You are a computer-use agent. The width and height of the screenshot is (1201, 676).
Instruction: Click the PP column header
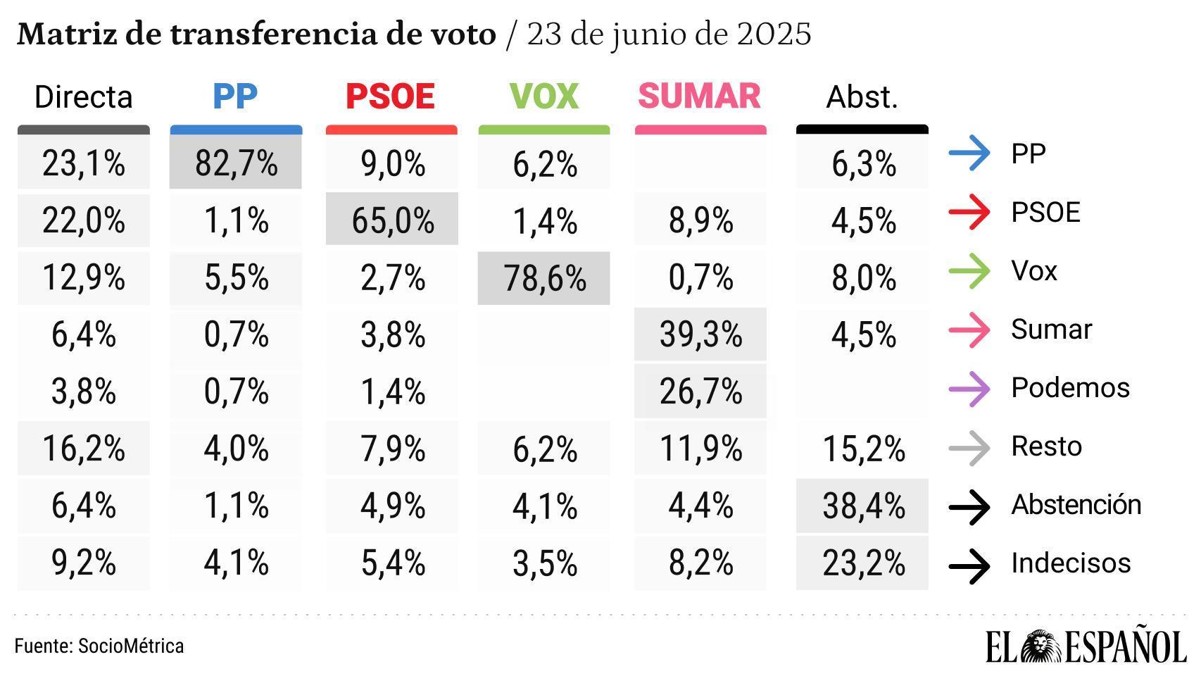[x=235, y=96]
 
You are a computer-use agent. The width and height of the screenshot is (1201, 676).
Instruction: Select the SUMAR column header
[x=699, y=96]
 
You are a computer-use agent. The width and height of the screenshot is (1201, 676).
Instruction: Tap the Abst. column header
[x=862, y=97]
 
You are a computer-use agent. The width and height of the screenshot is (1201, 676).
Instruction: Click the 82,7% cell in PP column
[x=236, y=163]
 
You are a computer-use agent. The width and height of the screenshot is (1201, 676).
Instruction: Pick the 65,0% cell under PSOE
[x=392, y=220]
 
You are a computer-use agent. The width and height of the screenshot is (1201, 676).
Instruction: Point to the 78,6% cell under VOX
[x=544, y=278]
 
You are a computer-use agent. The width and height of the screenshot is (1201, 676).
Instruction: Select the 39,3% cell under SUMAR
[x=700, y=334]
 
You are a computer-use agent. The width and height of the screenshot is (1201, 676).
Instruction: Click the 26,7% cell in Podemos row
[x=700, y=392]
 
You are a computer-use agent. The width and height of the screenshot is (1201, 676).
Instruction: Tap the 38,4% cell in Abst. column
[x=863, y=506]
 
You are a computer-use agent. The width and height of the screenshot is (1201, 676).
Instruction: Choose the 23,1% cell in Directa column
[x=84, y=163]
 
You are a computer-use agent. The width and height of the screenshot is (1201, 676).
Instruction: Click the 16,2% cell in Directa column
[x=84, y=449]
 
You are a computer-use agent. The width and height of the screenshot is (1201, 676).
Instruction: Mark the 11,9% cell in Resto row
[x=700, y=449]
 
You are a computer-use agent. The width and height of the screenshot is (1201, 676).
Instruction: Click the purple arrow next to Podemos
[x=969, y=389]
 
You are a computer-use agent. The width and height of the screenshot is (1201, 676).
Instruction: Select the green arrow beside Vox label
[x=969, y=271]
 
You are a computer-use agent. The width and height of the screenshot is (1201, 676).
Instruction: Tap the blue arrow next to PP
[x=969, y=154]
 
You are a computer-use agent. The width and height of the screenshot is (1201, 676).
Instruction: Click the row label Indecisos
[x=1070, y=563]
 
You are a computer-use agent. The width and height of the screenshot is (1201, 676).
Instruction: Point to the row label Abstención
[x=1076, y=505]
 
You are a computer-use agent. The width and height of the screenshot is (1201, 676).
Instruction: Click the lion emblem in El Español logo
[x=1042, y=646]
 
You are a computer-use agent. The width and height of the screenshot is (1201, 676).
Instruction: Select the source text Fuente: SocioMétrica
[x=99, y=646]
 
